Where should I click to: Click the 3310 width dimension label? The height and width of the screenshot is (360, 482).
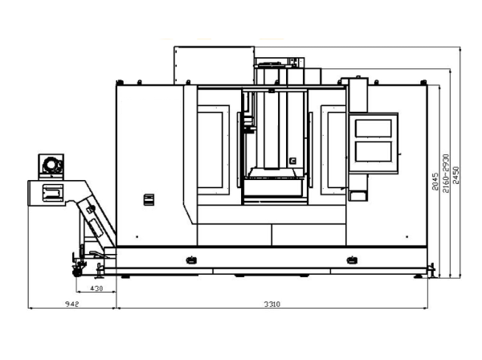click(272, 304)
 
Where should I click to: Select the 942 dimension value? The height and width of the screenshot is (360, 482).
click(72, 304)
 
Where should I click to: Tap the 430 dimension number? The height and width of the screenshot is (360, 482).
click(96, 288)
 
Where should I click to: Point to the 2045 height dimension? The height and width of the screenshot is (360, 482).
click(435, 182)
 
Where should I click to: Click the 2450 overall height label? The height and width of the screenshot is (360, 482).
click(455, 175)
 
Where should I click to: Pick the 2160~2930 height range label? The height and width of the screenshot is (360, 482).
click(446, 174)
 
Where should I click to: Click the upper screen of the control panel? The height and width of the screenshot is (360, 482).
click(374, 129)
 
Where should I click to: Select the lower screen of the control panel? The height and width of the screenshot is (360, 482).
click(374, 151)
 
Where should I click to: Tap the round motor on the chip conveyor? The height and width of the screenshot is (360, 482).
click(51, 166)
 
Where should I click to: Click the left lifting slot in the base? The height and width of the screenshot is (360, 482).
click(191, 260)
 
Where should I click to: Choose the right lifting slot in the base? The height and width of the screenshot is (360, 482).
click(352, 260)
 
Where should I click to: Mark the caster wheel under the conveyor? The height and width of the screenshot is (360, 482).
click(76, 272)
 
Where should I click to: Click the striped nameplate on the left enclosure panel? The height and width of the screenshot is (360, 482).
click(149, 200)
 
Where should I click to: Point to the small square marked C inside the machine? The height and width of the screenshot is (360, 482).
click(292, 161)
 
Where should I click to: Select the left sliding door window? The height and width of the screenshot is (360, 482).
click(210, 149)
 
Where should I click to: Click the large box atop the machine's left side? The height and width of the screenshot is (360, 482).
click(214, 65)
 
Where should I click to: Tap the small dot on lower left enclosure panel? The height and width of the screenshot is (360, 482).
click(137, 237)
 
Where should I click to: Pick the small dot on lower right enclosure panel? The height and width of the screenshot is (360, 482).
click(407, 237)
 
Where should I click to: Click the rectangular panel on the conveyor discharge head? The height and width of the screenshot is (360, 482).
click(53, 193)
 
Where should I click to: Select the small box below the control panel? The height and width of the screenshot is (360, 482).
click(357, 196)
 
